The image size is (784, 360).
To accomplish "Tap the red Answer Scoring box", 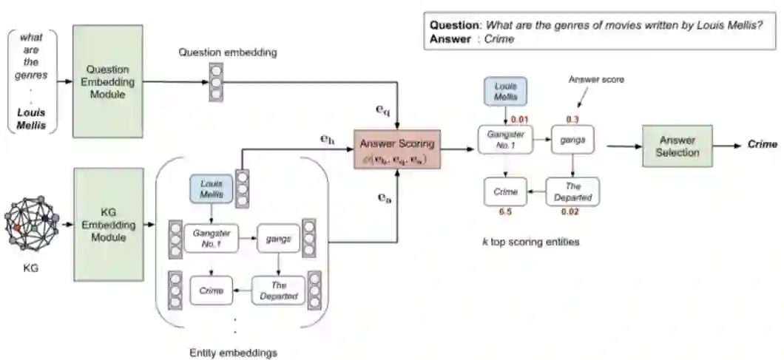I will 396,149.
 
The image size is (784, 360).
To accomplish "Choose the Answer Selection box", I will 677,146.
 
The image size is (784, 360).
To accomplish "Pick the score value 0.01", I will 519,119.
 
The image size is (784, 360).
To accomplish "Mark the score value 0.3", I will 572,119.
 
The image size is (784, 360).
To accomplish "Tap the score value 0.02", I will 571,212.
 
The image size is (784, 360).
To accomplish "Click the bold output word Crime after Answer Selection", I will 763,145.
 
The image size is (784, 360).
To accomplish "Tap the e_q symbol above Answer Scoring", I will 383,111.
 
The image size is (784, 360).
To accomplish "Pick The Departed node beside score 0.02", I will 573,191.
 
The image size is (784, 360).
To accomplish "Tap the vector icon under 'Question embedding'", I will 216,81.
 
